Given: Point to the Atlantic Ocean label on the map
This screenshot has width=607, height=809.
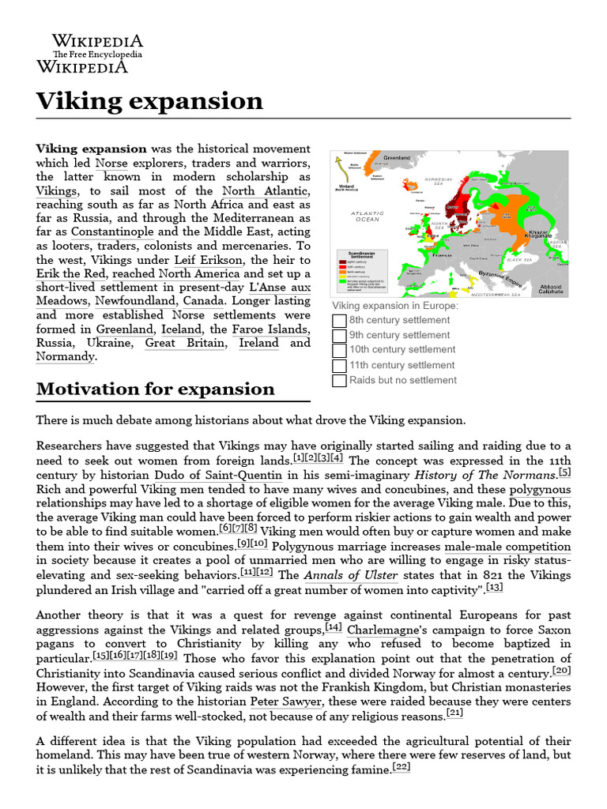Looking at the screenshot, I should pyautogui.click(x=367, y=216).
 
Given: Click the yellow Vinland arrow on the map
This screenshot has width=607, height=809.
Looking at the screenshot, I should pyautogui.click(x=341, y=166).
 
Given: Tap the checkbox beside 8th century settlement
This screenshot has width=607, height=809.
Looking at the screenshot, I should pyautogui.click(x=339, y=321).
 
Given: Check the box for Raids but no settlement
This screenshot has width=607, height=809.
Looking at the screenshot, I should pyautogui.click(x=339, y=381).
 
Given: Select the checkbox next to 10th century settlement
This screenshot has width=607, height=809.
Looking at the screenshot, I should pyautogui.click(x=339, y=351).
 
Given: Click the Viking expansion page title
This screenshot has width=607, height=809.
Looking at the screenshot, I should pyautogui.click(x=149, y=101).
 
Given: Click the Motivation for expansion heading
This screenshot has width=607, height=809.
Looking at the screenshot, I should pyautogui.click(x=155, y=389).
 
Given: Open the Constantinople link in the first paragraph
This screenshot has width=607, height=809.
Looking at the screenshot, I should pyautogui.click(x=113, y=232).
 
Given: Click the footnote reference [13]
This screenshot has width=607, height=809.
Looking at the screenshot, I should pyautogui.click(x=494, y=587).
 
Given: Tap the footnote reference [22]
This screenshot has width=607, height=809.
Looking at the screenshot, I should pyautogui.click(x=402, y=766).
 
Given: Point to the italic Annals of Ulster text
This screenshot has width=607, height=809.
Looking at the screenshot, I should pyautogui.click(x=323, y=575).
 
